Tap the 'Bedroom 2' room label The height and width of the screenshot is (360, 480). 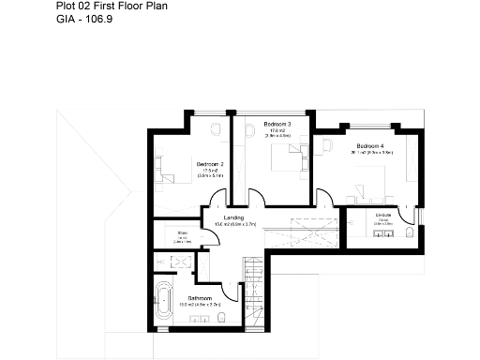pyautogui.click(x=209, y=163)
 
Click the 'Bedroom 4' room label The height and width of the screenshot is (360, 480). pyautogui.click(x=369, y=145)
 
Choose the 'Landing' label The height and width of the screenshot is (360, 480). pyautogui.click(x=233, y=217)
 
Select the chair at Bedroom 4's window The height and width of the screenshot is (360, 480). pyautogui.click(x=327, y=145)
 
